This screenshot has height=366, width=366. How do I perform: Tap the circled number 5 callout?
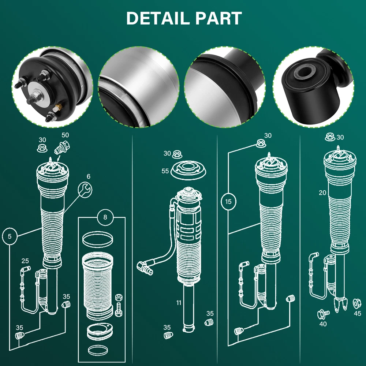[x=10, y=236]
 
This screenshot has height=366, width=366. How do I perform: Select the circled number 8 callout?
[x=105, y=217]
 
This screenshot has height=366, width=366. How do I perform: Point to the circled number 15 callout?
[x=228, y=201]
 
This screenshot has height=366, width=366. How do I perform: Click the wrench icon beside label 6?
[x=86, y=190]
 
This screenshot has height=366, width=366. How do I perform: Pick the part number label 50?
[x=65, y=135]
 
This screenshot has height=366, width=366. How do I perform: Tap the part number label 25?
[x=25, y=261]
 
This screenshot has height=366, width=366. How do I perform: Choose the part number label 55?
[x=165, y=171]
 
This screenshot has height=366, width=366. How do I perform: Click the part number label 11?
[x=179, y=303]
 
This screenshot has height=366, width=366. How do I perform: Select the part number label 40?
[x=323, y=324]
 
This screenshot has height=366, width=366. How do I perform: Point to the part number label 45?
[x=358, y=313]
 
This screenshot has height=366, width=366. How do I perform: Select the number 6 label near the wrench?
[x=88, y=176]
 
